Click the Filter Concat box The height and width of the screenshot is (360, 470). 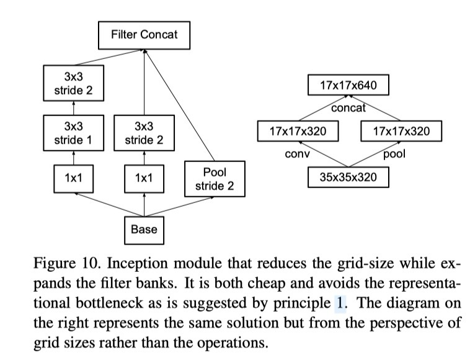pyautogui.click(x=144, y=34)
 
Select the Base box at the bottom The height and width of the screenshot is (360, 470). pyautogui.click(x=144, y=230)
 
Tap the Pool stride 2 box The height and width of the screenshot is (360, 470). pyautogui.click(x=214, y=178)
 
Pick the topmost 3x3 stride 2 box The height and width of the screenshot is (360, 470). pyautogui.click(x=73, y=84)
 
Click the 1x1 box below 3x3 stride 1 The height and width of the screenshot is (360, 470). pyautogui.click(x=73, y=178)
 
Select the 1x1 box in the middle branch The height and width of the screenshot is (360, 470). pyautogui.click(x=144, y=178)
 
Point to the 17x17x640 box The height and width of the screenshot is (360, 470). pyautogui.click(x=348, y=85)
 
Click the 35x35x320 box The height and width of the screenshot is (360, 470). pyautogui.click(x=348, y=178)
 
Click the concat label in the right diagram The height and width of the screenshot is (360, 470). pyautogui.click(x=348, y=108)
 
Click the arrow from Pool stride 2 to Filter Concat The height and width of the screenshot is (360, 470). pyautogui.click(x=180, y=106)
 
